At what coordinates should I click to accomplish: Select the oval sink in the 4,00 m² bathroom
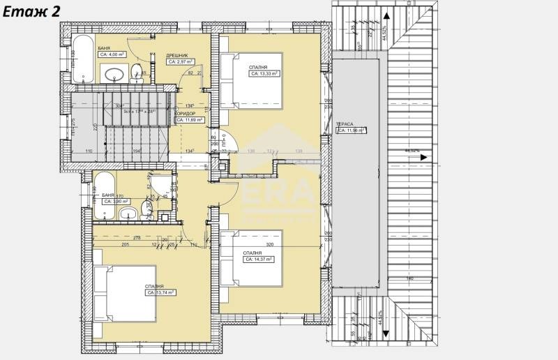(114, 73)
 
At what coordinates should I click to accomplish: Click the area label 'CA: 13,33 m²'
(265, 73)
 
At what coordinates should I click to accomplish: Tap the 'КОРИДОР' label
(185, 112)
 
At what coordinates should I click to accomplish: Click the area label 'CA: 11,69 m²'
(190, 119)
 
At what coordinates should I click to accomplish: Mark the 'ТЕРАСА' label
(346, 123)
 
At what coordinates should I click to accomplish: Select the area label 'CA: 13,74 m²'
(160, 293)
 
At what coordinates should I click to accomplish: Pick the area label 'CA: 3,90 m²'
(117, 201)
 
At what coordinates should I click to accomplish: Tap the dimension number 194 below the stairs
(137, 151)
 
